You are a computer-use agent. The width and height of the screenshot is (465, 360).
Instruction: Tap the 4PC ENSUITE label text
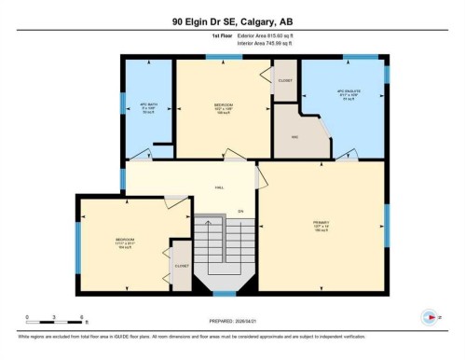coord(348,92)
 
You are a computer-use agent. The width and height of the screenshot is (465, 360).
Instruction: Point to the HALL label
coord(219,187)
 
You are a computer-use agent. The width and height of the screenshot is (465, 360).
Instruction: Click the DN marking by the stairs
coord(239,211)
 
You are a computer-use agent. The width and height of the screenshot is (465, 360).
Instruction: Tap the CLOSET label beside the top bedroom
coord(285,81)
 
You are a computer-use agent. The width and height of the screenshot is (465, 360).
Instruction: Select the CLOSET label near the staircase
coord(182,266)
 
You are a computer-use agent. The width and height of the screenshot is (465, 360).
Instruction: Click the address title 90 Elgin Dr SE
coord(232,21)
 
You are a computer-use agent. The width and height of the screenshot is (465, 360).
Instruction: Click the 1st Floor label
coord(221,38)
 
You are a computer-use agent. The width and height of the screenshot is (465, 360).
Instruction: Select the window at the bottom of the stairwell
coord(224,293)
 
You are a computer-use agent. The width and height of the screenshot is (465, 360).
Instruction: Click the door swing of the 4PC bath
coord(142,154)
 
